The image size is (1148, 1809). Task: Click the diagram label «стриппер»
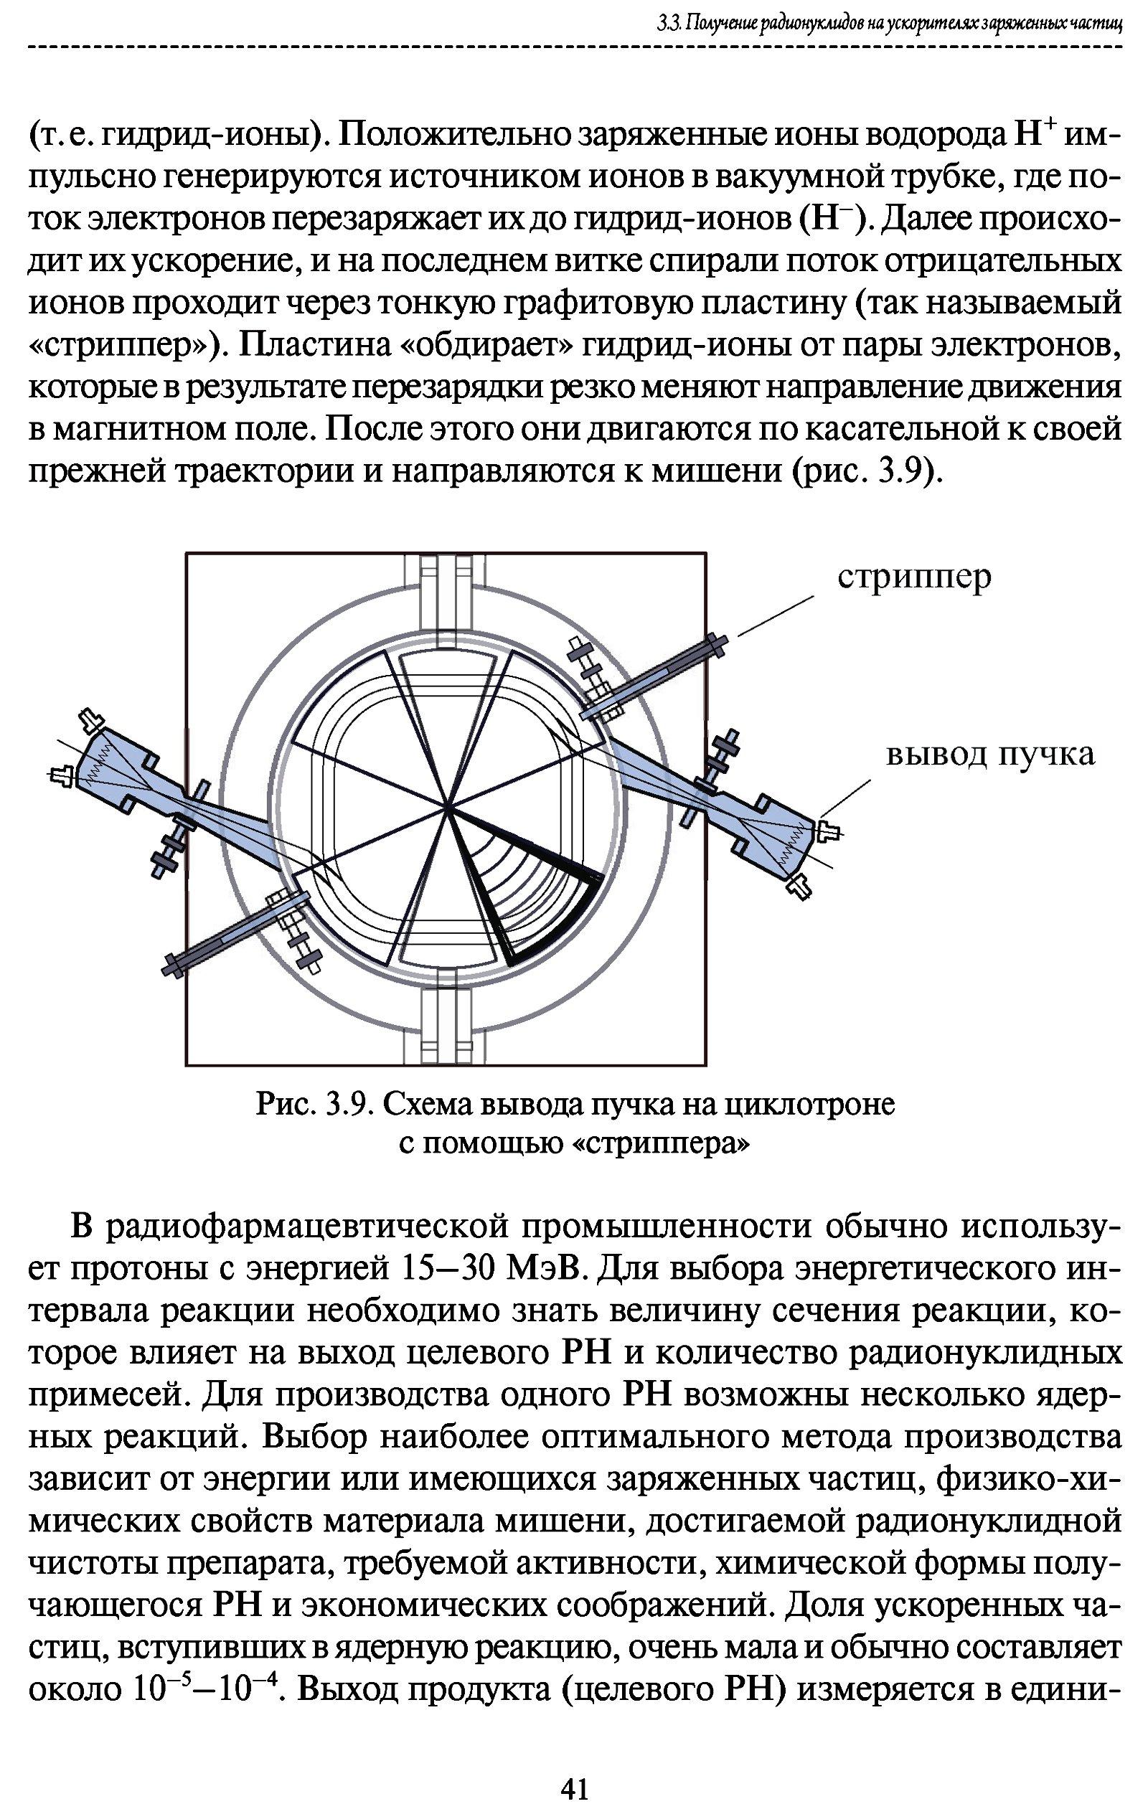(x=913, y=577)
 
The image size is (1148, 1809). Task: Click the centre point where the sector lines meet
(x=448, y=808)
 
